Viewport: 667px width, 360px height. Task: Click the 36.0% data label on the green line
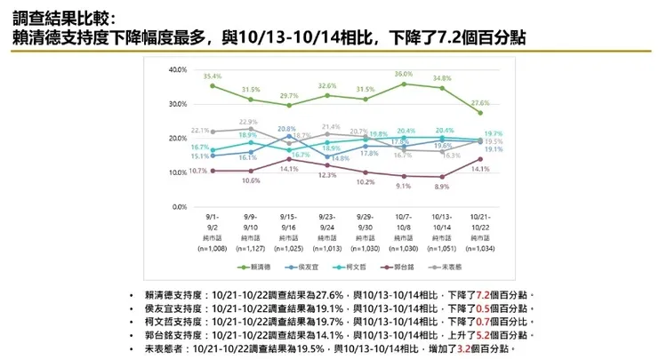pos(404,74)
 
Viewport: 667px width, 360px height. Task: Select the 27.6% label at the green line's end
pos(479,103)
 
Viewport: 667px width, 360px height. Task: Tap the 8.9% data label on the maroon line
pos(441,188)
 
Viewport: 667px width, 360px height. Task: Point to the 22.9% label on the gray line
pos(248,122)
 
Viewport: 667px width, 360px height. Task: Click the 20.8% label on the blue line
pos(286,129)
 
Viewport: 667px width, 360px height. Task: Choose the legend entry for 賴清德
pos(261,268)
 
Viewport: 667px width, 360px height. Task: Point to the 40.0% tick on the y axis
pos(175,69)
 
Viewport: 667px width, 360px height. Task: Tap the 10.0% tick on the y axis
pos(175,172)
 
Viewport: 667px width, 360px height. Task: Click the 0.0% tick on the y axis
pos(177,207)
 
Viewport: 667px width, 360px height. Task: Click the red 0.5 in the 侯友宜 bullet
pos(504,308)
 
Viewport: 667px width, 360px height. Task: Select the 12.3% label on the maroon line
pos(325,176)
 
